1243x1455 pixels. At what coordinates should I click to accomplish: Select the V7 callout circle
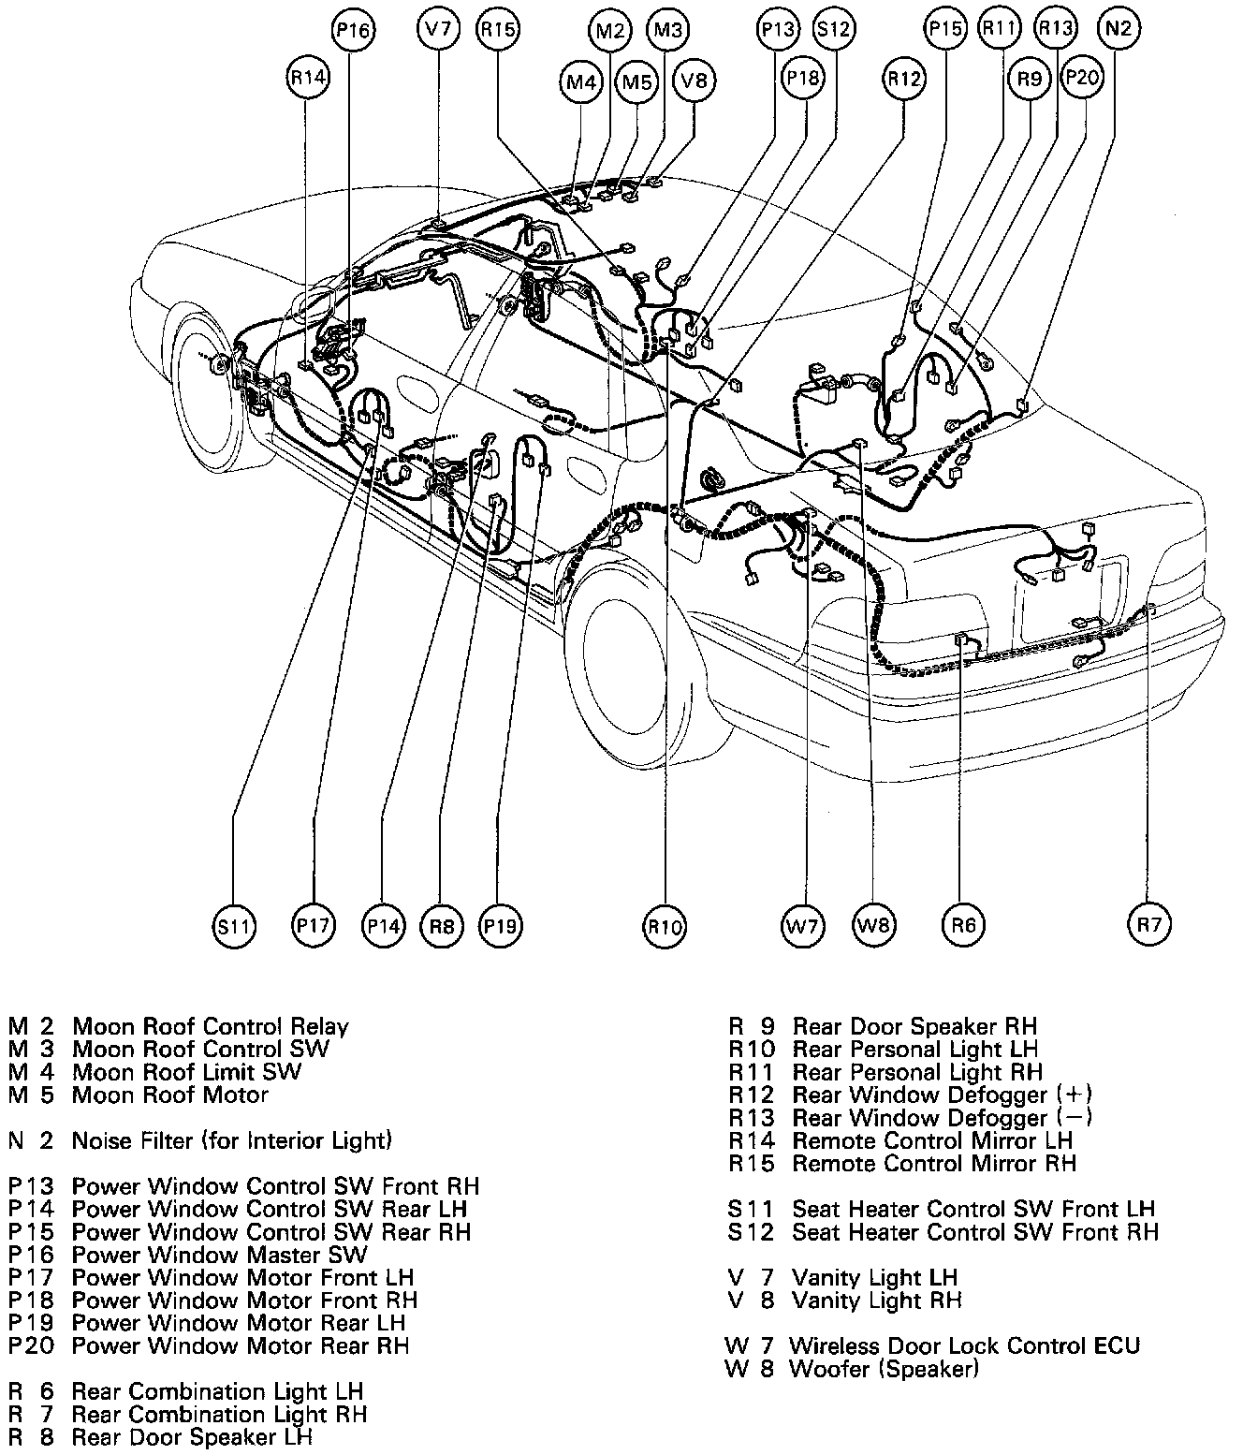pyautogui.click(x=437, y=29)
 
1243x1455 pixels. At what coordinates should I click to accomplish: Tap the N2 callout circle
pyautogui.click(x=1118, y=29)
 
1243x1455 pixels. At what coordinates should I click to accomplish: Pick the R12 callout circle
pyautogui.click(x=904, y=80)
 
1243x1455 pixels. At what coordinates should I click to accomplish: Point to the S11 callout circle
pyautogui.click(x=233, y=926)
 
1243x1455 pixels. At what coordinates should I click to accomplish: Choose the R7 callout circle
pyautogui.click(x=1148, y=925)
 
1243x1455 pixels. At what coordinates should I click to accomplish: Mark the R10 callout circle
pyautogui.click(x=665, y=927)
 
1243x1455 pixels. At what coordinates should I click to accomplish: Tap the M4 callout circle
pyautogui.click(x=581, y=81)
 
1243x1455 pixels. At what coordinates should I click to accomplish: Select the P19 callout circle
pyautogui.click(x=500, y=926)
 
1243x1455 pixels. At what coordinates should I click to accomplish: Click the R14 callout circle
pyautogui.click(x=308, y=79)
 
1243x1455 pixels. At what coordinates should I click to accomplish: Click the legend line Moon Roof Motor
pyautogui.click(x=140, y=1095)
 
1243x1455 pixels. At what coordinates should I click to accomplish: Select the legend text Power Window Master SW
pyautogui.click(x=187, y=1255)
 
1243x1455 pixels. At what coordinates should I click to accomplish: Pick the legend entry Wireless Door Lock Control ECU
pyautogui.click(x=931, y=1346)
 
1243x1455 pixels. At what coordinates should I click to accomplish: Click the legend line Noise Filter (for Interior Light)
pyautogui.click(x=199, y=1140)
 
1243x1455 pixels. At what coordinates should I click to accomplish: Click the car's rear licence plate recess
pyautogui.click(x=1067, y=599)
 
